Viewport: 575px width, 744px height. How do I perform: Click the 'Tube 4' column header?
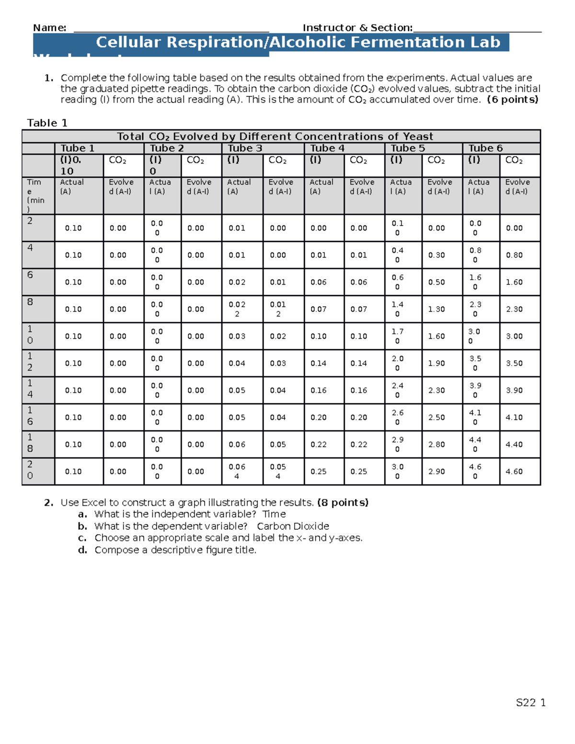tap(327, 148)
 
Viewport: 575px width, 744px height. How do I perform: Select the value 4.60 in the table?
tap(514, 471)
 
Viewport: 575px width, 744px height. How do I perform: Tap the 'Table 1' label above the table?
tap(47, 123)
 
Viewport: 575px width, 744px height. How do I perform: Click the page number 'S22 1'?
tap(530, 703)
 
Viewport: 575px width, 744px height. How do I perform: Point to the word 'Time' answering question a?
tap(274, 514)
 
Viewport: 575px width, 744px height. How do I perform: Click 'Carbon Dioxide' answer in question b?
tap(293, 526)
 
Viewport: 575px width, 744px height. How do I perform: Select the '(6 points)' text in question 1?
tap(512, 100)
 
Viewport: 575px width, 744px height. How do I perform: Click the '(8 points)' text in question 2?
tap(343, 503)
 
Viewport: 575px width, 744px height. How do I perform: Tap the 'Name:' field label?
tap(49, 28)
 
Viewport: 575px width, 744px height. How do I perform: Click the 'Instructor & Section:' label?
tap(357, 28)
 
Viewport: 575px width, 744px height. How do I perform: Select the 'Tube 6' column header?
tap(485, 148)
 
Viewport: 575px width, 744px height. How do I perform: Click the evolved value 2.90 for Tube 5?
tap(437, 471)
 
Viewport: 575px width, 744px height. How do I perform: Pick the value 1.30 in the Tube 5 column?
tap(437, 309)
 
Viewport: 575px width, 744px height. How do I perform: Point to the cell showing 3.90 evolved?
tap(514, 390)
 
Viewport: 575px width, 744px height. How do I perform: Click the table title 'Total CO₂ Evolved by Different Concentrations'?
tap(275, 137)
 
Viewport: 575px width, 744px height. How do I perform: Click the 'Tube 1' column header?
tap(77, 148)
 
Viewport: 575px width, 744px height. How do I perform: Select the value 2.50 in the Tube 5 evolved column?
tap(437, 417)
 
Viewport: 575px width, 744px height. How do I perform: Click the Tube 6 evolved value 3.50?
tap(514, 363)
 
